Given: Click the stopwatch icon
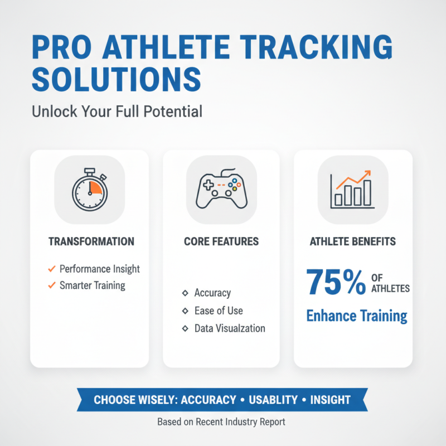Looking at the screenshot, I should coord(90,189).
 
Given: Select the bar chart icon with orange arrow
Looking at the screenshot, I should coord(352,190).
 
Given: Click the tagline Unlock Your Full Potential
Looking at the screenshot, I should coord(117,111).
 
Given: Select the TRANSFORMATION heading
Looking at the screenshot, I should coord(91,241).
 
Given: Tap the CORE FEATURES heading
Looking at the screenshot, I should coord(221,241).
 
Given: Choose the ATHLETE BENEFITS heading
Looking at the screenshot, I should coord(353,241).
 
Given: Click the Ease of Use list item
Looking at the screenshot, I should coord(219,311).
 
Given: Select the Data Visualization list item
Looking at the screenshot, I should coord(230,328).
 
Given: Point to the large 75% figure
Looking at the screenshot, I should coord(335,283).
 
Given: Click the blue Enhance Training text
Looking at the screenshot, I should coord(357,316).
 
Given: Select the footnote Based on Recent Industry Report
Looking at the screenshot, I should coord(221,422).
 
